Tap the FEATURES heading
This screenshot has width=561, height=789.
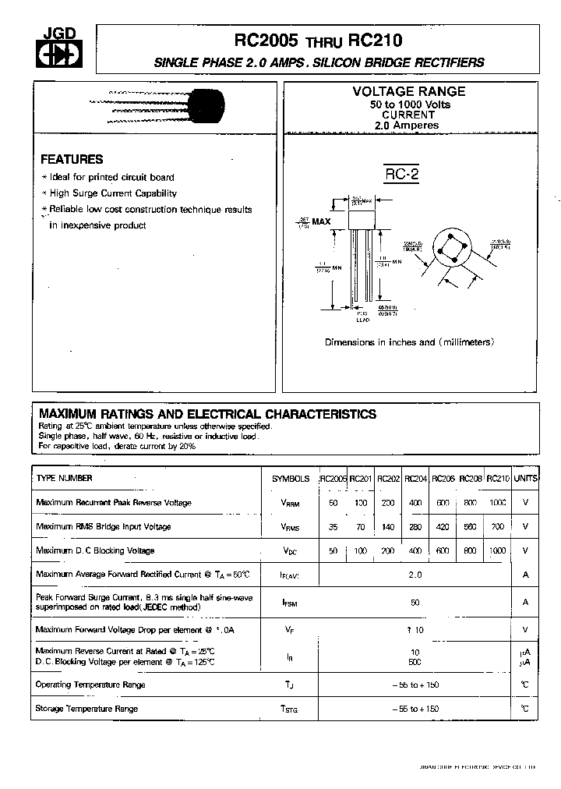72,159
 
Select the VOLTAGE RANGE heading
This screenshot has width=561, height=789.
409,91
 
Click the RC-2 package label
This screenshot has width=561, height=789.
402,175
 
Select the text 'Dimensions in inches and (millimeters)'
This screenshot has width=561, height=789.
409,342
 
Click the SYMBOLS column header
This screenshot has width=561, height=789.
290,479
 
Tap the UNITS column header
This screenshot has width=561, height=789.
526,479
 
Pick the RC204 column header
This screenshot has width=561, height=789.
415,479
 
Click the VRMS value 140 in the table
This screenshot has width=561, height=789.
387,527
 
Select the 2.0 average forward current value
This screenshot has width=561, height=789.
415,575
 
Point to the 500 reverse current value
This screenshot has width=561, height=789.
415,662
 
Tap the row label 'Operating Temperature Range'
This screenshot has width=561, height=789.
90,685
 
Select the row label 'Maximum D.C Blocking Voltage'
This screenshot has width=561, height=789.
95,550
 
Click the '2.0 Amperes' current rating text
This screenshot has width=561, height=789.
406,125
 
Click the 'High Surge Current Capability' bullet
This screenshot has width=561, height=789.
113,193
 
